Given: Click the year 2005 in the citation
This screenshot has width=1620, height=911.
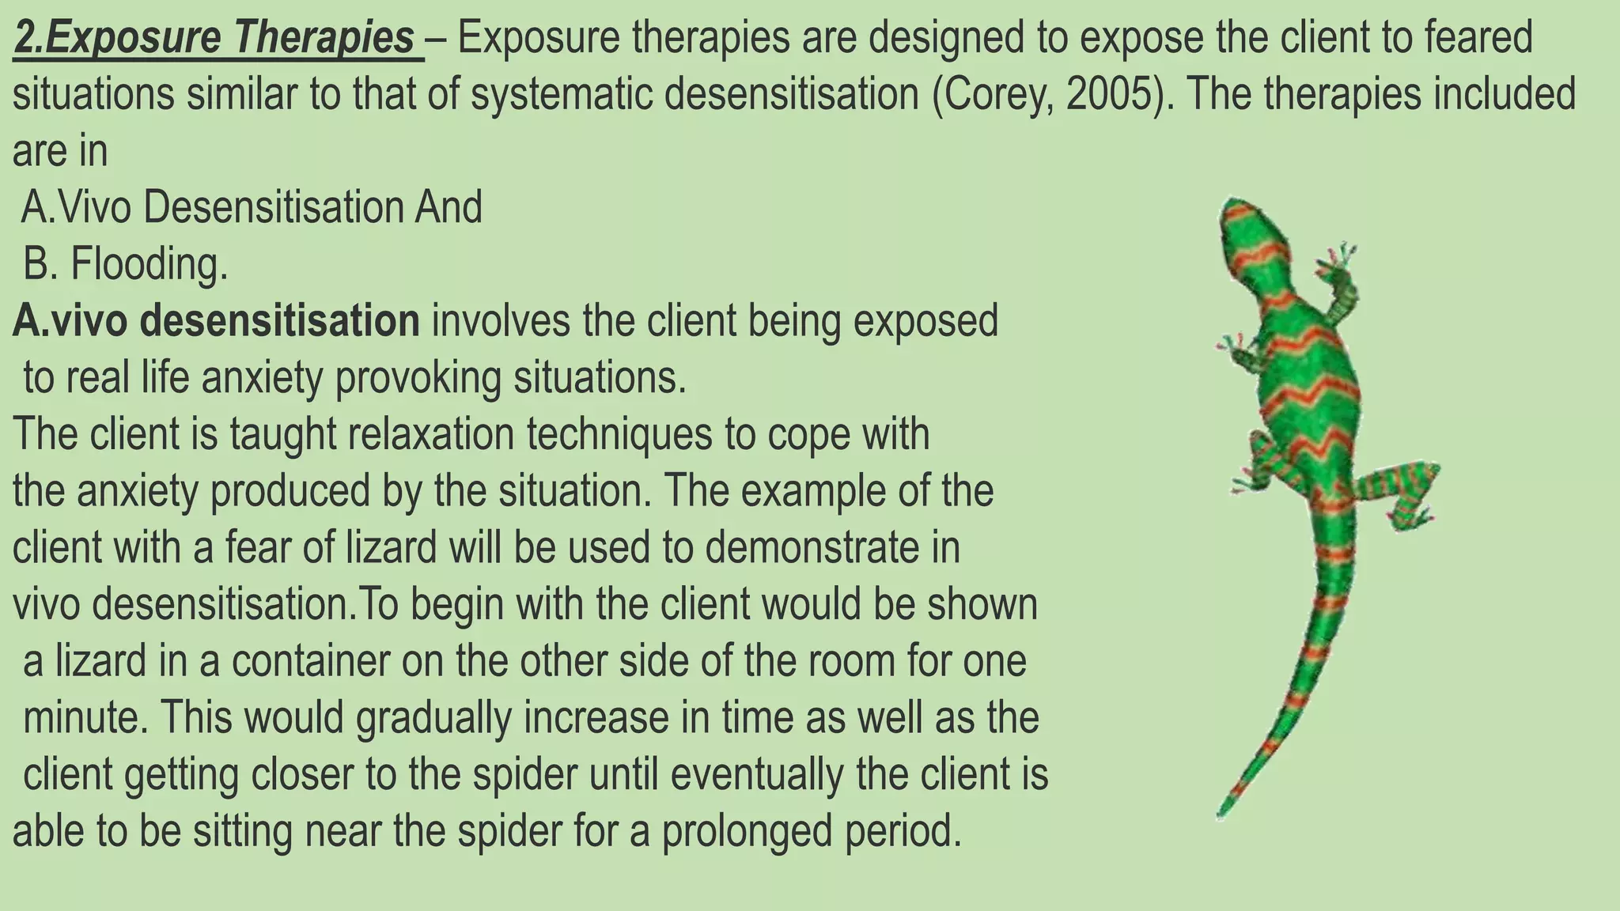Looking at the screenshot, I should point(1109,95).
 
